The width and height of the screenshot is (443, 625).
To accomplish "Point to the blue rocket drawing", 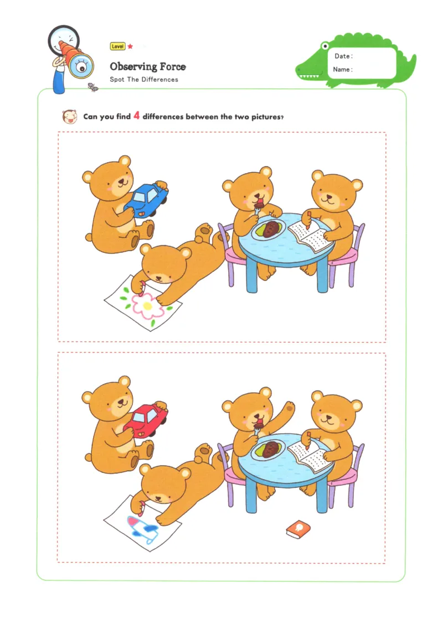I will click(142, 528).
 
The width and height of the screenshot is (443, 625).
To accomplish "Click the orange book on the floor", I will click(297, 529).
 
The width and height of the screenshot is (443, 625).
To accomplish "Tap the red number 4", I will click(136, 116).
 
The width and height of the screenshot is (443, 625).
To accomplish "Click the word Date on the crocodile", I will click(343, 56).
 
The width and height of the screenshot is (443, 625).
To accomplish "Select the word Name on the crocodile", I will click(342, 70).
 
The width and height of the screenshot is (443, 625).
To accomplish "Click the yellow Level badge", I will click(117, 47).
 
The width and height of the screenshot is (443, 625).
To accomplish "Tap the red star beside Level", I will click(131, 47).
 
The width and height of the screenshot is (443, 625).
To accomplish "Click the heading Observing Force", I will click(147, 66).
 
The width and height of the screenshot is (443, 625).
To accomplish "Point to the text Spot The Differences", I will click(144, 80).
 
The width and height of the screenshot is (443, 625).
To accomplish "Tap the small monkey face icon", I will click(69, 117).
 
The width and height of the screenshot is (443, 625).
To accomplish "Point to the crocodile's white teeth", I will click(313, 76).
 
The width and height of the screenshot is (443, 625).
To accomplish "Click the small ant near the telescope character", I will click(93, 86).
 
